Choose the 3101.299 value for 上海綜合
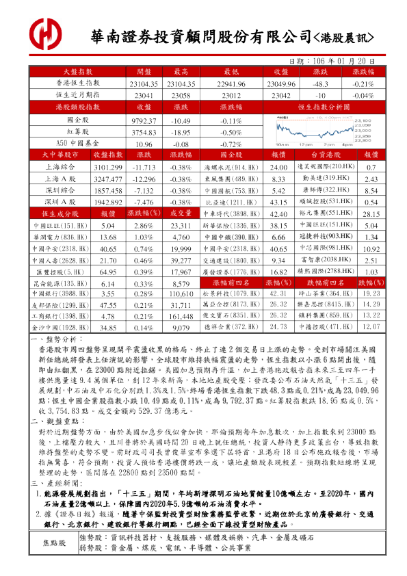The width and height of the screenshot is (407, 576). click(x=107, y=167)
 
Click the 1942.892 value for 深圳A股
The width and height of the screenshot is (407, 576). click(x=107, y=202)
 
